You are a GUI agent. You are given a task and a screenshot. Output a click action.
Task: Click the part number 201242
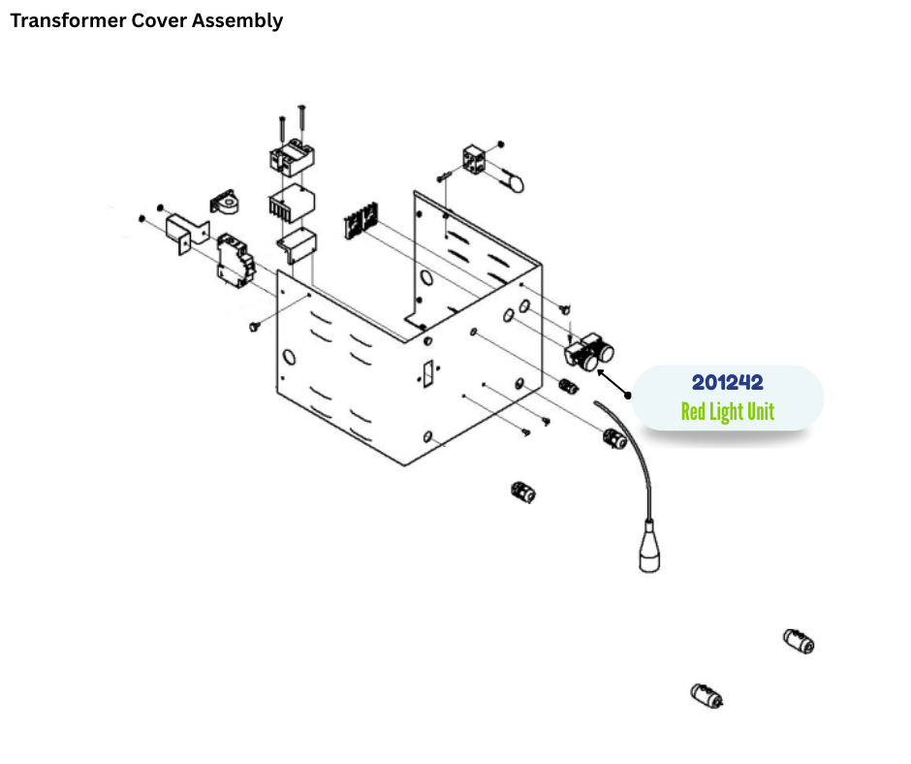tap(727, 382)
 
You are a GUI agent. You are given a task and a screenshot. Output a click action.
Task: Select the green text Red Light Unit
tap(727, 411)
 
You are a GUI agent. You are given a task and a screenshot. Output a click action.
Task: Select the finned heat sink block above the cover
tap(291, 206)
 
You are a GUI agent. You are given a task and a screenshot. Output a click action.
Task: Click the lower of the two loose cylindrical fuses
tap(707, 696)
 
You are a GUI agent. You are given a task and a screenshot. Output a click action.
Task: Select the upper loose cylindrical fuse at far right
tap(799, 641)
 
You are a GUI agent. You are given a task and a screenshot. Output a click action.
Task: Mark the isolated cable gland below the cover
tap(522, 492)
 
